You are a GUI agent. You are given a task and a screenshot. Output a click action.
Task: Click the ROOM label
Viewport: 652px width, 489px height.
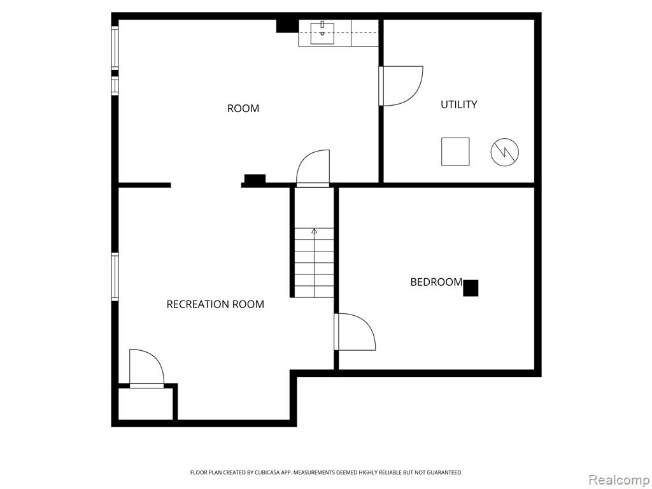(x=243, y=108)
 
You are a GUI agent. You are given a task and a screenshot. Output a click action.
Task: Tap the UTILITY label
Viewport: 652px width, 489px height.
(x=458, y=104)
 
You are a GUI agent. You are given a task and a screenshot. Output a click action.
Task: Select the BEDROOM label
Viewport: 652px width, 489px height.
(x=436, y=282)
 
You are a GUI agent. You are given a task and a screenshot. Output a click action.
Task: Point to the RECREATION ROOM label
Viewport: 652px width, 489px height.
(x=215, y=304)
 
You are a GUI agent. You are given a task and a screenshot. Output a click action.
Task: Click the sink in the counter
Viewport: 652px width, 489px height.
(x=322, y=33)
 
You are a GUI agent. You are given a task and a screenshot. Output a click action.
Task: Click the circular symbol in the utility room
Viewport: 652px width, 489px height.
(x=504, y=152)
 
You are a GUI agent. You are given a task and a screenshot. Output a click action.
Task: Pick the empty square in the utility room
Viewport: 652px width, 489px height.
(x=455, y=152)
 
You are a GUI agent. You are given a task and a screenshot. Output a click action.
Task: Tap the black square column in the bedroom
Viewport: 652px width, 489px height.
(x=471, y=288)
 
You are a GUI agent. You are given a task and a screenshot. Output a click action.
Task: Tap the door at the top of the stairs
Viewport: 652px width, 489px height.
(x=313, y=168)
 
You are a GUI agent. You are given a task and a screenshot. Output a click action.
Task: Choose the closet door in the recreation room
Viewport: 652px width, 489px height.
(x=147, y=369)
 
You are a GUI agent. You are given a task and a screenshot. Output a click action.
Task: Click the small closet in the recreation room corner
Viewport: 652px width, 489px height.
(x=146, y=404)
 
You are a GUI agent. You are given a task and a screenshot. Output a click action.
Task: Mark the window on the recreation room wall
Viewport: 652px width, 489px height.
(x=115, y=276)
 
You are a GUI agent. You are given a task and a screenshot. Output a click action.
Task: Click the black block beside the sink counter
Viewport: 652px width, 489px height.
(x=287, y=25)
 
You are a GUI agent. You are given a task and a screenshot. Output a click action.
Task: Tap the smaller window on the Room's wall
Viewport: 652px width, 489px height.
(x=115, y=86)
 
